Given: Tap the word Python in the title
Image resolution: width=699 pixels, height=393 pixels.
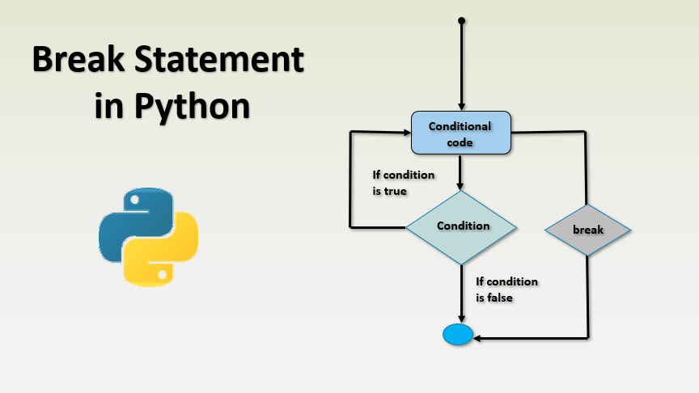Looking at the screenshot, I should click(x=193, y=106).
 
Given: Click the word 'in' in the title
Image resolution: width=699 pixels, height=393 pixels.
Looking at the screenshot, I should click(x=108, y=106).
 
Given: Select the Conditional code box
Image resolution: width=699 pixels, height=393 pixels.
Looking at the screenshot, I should click(x=461, y=133).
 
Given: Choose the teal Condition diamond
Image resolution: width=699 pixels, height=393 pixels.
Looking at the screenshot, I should click(x=461, y=226).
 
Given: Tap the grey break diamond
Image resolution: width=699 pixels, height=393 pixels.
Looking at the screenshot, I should click(x=587, y=230).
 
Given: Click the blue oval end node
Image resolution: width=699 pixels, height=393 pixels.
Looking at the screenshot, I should click(x=457, y=333).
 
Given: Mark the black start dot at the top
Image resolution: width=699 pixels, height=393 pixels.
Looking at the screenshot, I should click(x=461, y=19).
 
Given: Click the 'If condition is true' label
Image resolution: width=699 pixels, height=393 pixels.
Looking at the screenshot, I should click(x=402, y=183).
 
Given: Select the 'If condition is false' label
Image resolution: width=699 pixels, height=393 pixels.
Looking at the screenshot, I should click(x=506, y=289).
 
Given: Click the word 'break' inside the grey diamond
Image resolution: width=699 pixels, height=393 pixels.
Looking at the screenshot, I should click(x=587, y=230).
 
